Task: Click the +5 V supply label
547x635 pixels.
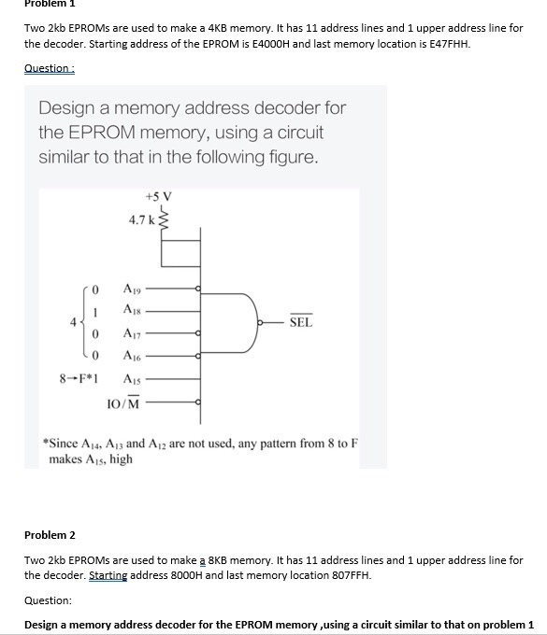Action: click(159, 197)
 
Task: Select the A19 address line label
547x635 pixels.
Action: click(133, 289)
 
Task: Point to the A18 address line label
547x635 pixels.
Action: click(133, 309)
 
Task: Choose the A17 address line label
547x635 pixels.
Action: click(133, 334)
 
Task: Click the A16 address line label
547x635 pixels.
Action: click(133, 356)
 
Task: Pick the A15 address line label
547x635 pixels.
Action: click(133, 379)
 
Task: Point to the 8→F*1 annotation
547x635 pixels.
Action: click(81, 379)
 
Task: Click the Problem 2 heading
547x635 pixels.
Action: click(49, 535)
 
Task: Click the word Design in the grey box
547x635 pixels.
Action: click(69, 108)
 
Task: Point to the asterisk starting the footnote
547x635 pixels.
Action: click(47, 442)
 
